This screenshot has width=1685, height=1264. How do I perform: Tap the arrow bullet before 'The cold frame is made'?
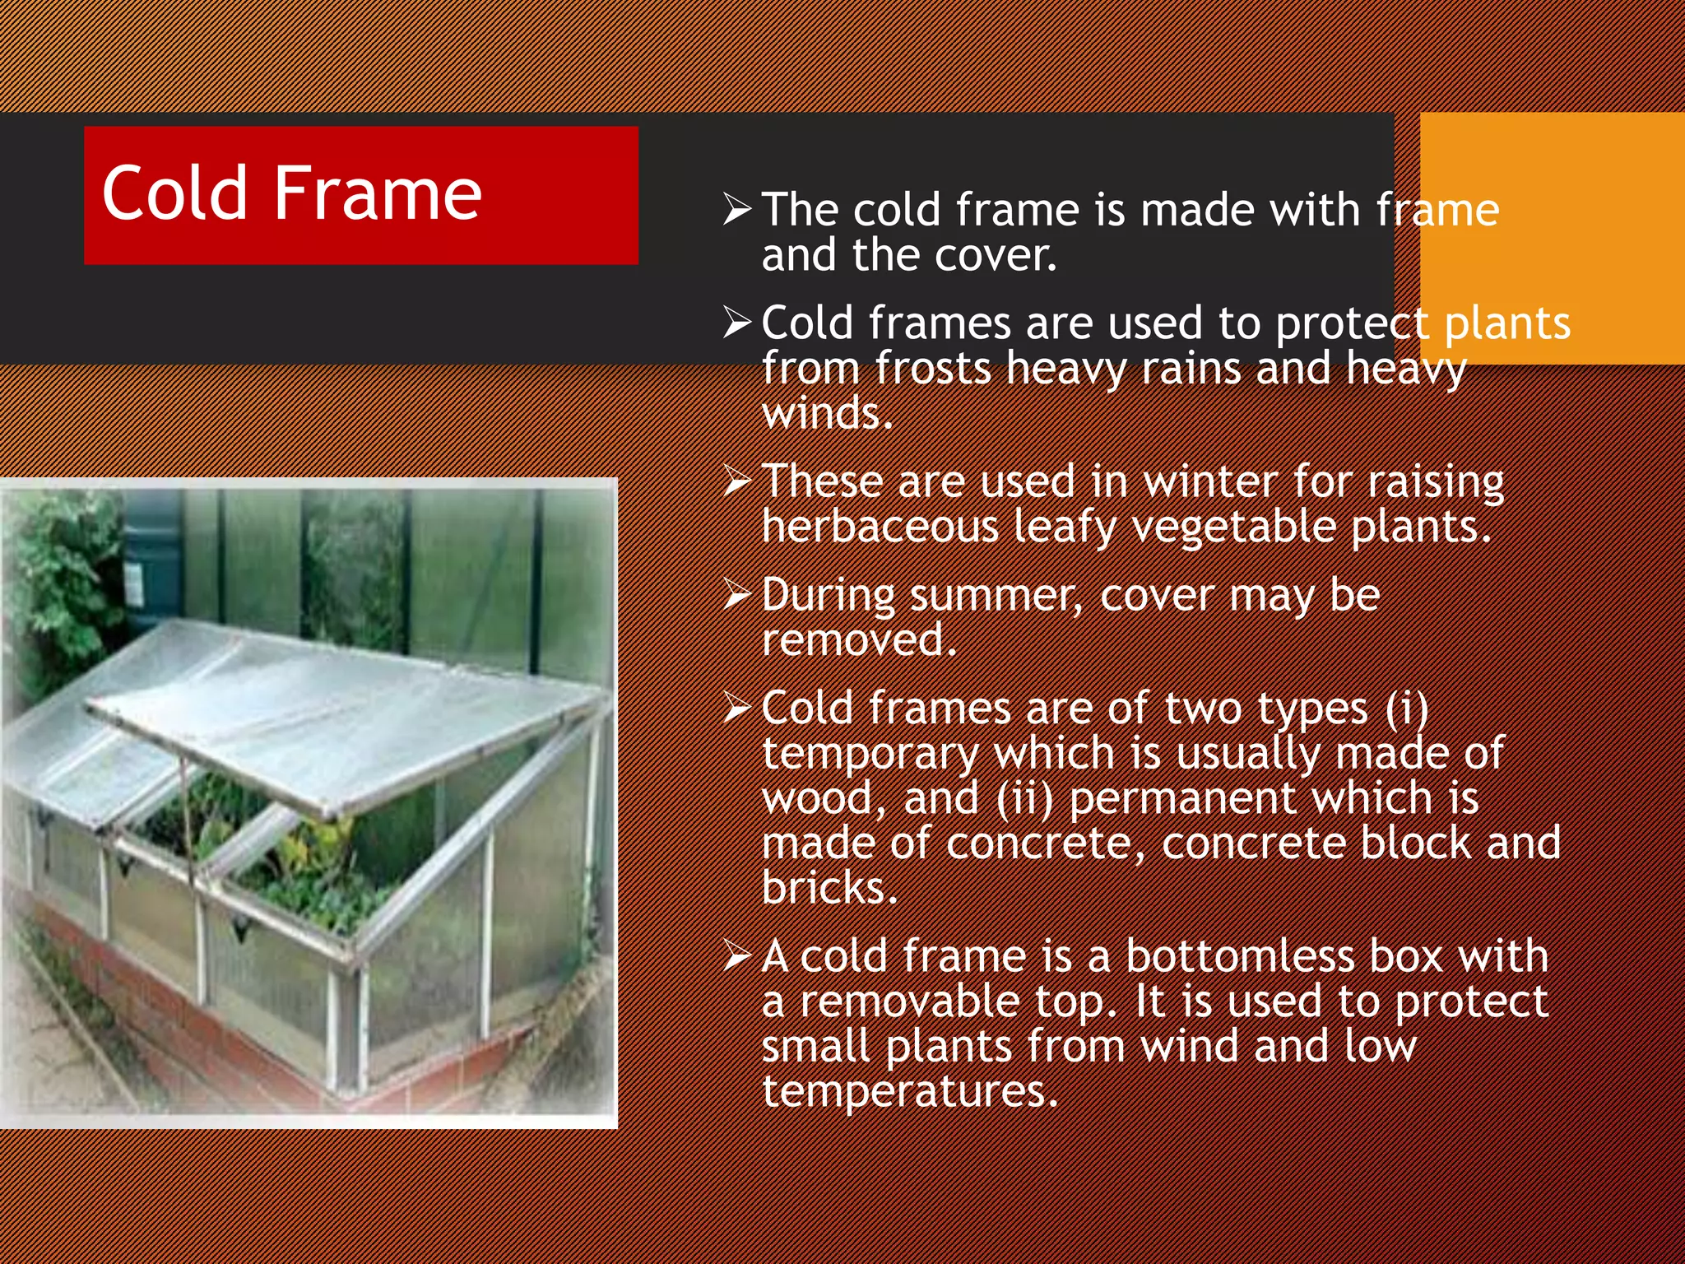(737, 209)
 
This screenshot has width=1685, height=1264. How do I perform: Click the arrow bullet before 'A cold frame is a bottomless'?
(737, 956)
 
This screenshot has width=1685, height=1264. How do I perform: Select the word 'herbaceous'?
(880, 527)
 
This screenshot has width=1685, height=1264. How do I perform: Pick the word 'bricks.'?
(829, 889)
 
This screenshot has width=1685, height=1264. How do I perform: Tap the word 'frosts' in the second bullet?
(933, 369)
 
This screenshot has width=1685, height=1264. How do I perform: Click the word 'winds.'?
(827, 413)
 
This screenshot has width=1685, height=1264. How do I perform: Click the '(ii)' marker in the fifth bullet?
(1024, 799)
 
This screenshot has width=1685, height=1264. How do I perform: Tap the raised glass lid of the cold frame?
(346, 716)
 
